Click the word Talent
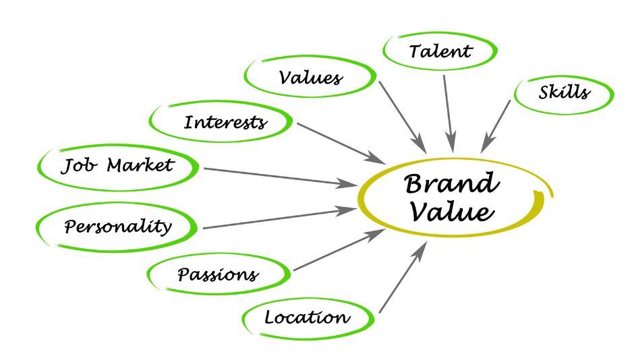coord(440,51)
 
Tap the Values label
coord(310,78)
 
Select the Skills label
coord(564,92)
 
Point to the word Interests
coord(225,122)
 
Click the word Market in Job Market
coord(140,165)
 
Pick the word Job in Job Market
coord(79,166)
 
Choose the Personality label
coord(117,227)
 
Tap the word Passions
coord(218,275)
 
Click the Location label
coord(308,317)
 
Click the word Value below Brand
coord(452,211)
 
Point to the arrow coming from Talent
coord(449,113)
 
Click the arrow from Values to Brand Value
coord(402,117)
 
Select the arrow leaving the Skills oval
coord(495,127)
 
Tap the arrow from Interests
coord(341,143)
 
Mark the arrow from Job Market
coord(281,177)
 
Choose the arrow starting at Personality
coord(279,218)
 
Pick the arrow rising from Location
coord(403,277)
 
